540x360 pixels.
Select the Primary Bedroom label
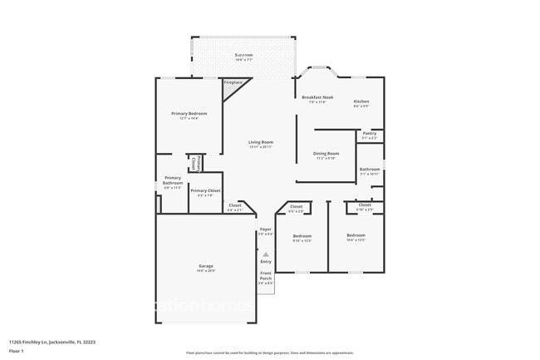click(189, 114)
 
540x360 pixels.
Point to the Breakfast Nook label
click(317, 98)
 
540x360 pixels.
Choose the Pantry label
click(370, 133)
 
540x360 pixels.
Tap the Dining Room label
click(326, 154)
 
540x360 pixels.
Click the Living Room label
click(260, 142)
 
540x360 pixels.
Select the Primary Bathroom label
click(172, 180)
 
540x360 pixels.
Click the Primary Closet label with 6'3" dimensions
click(205, 191)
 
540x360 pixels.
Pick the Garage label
click(205, 266)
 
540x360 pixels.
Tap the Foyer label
click(265, 229)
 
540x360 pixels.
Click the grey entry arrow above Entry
click(266, 254)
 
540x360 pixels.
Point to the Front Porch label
click(266, 276)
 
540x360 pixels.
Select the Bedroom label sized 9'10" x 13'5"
click(302, 236)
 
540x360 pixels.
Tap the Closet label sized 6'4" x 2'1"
click(235, 205)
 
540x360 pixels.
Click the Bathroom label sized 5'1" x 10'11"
click(370, 170)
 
